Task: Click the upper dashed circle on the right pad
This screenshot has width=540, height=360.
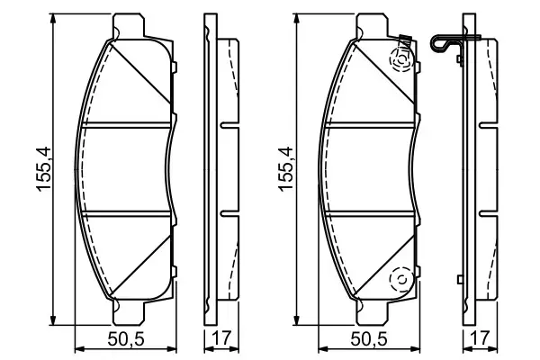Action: coord(398,60)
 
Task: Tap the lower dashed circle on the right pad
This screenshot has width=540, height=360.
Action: coord(397,283)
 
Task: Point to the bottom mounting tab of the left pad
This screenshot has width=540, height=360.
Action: coord(130,314)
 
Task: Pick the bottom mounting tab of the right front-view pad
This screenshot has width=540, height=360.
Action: coord(373,314)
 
